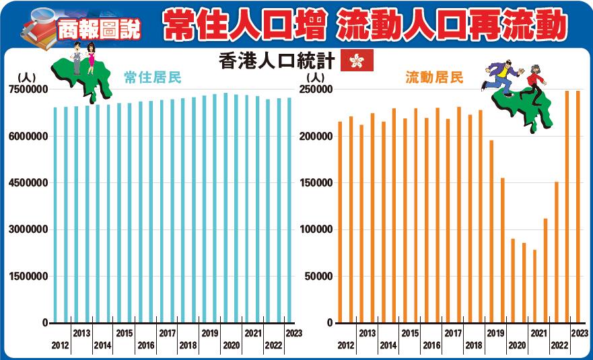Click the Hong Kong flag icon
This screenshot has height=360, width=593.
[x=353, y=61]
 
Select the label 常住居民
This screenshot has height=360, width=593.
[x=153, y=78]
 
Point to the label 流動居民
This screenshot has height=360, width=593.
[x=434, y=78]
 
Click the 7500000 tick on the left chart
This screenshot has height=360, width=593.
[x=28, y=89]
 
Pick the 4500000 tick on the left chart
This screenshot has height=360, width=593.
[x=28, y=183]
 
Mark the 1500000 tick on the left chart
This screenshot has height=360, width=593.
[x=28, y=276]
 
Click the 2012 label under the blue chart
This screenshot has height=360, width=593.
[x=60, y=346]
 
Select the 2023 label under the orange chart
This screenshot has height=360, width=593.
[x=579, y=333]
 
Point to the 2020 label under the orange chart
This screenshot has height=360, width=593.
[x=517, y=346]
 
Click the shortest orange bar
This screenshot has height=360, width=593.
[x=534, y=286]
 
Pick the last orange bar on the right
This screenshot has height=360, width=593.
[x=578, y=207]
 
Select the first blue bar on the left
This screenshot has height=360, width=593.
[x=55, y=215]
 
